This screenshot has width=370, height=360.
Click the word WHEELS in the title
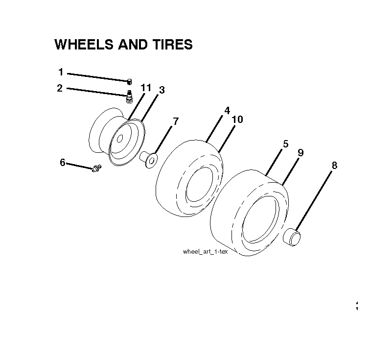click(x=84, y=45)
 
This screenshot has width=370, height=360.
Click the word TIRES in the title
click(x=172, y=45)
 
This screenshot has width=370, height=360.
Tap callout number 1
click(x=61, y=72)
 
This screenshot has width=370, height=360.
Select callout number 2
click(x=60, y=88)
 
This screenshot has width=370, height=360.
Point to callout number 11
click(x=146, y=88)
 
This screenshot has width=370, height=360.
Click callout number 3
click(x=162, y=90)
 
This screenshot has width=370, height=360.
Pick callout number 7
click(x=176, y=121)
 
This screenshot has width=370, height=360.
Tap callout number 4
click(x=227, y=111)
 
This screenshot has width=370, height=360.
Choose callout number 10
click(x=237, y=120)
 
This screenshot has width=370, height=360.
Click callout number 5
click(x=286, y=144)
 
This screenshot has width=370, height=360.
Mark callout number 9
click(x=301, y=153)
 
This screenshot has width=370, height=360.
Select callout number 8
click(x=334, y=166)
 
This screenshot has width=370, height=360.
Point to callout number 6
click(x=63, y=163)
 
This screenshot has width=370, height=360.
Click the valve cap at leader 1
click(x=129, y=82)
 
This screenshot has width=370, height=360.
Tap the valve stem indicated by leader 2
click(x=129, y=96)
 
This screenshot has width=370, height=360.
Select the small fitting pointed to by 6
click(x=97, y=168)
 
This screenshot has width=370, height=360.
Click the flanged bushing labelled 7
click(x=149, y=160)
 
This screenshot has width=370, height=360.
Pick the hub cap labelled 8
click(x=292, y=237)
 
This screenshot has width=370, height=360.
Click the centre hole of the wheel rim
click(x=120, y=139)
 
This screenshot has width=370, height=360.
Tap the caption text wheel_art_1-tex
click(x=205, y=252)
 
